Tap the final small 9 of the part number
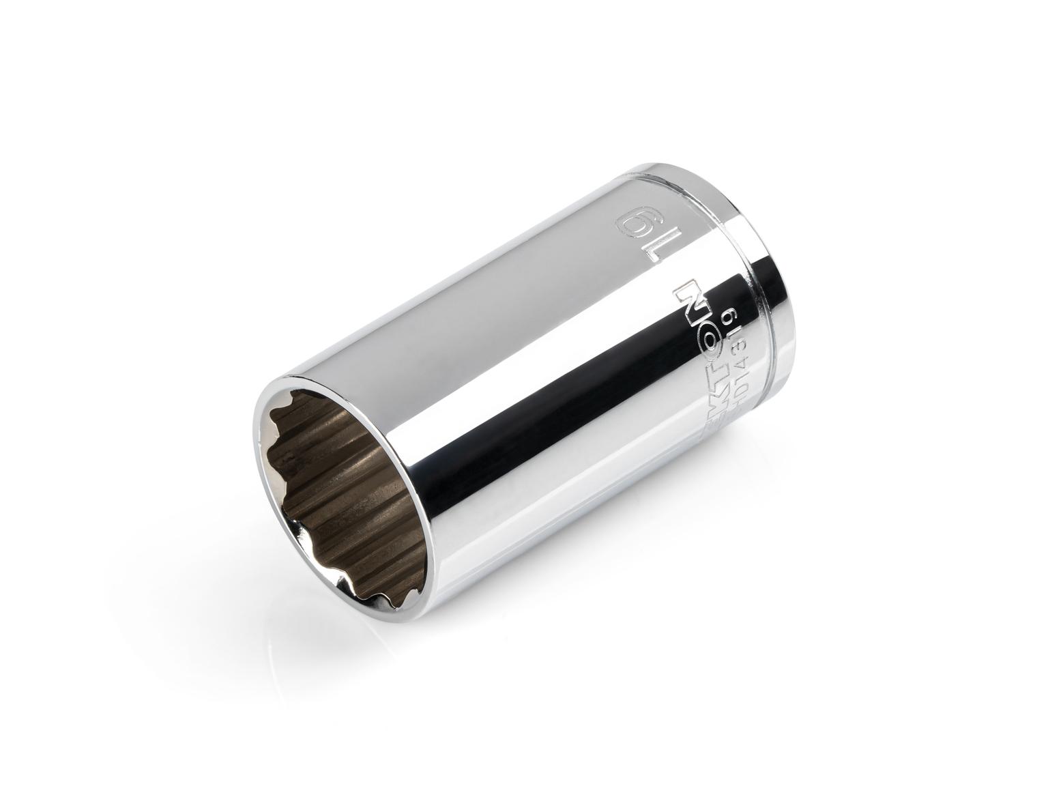click(732, 315)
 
